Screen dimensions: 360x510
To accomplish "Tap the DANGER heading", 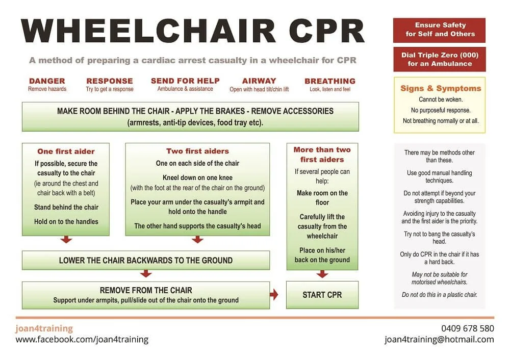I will point(47,81).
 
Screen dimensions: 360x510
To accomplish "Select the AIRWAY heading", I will point(259,81).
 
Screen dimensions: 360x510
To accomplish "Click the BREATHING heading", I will point(330,81).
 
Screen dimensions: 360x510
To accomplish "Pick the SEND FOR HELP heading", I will point(185,81).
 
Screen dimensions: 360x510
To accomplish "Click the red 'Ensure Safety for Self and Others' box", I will point(439,30).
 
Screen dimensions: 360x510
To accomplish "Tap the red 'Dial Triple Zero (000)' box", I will point(439,59).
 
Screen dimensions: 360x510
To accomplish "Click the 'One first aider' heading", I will point(66,151).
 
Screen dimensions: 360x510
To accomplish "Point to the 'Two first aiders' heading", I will point(197,151).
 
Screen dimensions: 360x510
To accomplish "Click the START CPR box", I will point(322,295).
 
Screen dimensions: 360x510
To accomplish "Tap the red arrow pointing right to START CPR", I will point(274,295).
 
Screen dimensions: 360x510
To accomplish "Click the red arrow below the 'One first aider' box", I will point(66,240).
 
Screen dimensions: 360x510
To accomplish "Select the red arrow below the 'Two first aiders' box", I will point(197,240).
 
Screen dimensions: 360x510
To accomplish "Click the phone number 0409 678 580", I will point(467,328).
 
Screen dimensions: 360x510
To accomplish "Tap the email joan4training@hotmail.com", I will point(439,340).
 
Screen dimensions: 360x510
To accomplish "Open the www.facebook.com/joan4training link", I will point(82,340).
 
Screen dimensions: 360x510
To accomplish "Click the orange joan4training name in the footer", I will point(44,328).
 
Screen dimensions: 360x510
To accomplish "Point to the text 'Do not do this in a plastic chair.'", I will point(439,295).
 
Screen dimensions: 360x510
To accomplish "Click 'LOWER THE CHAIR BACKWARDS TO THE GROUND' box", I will point(146,260).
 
